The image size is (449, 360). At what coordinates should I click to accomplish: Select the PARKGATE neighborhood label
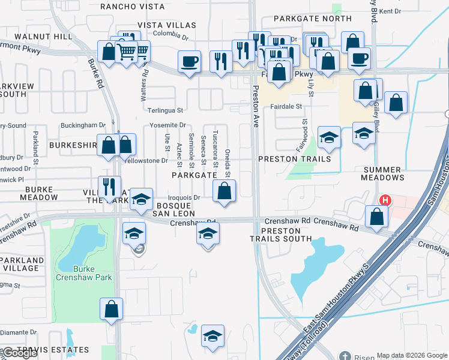[x=194, y=175]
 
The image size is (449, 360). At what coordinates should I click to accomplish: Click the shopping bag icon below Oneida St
[x=224, y=191]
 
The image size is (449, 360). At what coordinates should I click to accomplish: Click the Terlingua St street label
[x=166, y=110]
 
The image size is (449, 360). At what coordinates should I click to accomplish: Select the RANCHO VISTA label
[x=132, y=7]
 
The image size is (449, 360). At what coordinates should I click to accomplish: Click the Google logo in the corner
[x=20, y=353]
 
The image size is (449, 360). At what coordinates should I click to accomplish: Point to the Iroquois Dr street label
[x=184, y=197]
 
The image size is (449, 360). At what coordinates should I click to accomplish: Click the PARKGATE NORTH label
[x=313, y=19]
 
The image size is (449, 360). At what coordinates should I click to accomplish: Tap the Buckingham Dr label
[x=85, y=125]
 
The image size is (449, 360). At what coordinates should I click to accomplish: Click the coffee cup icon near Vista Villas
[x=189, y=61]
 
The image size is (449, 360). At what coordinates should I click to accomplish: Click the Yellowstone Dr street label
[x=146, y=160]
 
